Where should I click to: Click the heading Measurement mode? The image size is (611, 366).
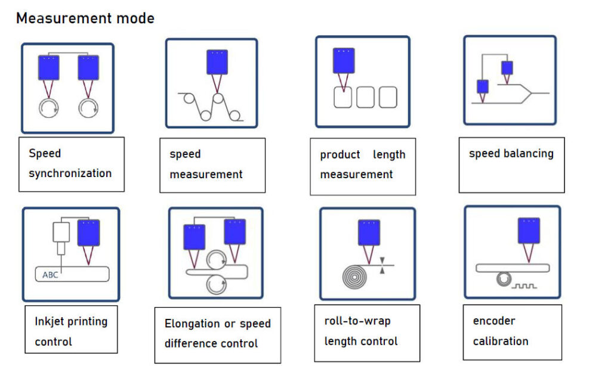pyautogui.click(x=85, y=18)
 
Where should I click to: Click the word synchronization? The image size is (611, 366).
pyautogui.click(x=70, y=173)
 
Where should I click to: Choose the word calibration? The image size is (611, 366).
pyautogui.click(x=500, y=341)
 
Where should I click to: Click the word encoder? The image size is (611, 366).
pyautogui.click(x=493, y=321)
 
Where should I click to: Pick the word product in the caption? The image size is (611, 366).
pyautogui.click(x=340, y=154)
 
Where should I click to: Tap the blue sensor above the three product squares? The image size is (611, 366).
pyautogui.click(x=344, y=60)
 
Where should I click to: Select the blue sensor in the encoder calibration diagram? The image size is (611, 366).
pyautogui.click(x=529, y=231)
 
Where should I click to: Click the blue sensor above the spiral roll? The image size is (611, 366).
pyautogui.click(x=369, y=232)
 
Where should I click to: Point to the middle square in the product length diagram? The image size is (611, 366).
pyautogui.click(x=365, y=97)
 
